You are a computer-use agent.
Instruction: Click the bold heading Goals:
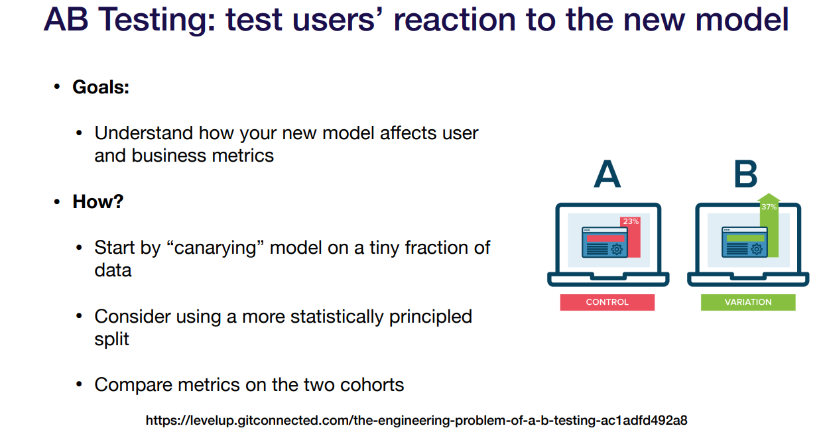pos(101,87)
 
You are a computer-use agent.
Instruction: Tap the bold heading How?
pos(97,201)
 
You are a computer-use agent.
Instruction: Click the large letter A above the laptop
pos(607,174)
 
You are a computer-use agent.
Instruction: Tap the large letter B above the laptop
pos(745,174)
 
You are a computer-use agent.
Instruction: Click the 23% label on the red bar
pos(631,221)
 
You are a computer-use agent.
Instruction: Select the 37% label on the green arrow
pos(769,207)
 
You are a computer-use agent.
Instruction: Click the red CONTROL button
pos(607,302)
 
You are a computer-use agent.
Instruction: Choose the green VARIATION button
pos(748,302)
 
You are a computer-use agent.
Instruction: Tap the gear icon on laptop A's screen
pos(617,250)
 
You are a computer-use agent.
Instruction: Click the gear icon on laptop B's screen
pos(757,250)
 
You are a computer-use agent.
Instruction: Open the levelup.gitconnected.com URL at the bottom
pos(416,420)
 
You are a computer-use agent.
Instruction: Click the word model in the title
pos(742,20)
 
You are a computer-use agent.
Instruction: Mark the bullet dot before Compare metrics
pos(79,384)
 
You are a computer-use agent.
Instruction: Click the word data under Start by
pos(113,270)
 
